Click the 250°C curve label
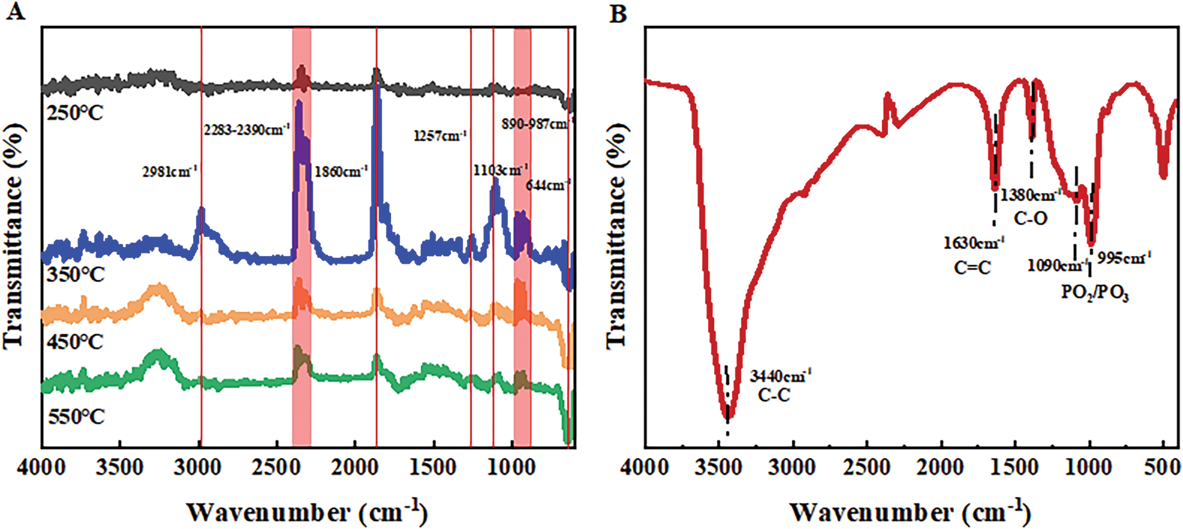pos(75,113)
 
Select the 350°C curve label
pos(76,274)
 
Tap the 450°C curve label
pos(75,341)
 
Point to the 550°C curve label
pos(76,417)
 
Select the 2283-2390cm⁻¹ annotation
pos(247,130)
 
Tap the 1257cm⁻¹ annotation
pos(440,135)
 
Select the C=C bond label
pos(972,267)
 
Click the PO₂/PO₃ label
pos(1094,293)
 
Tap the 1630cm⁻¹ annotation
pos(974,243)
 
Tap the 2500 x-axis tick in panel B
pos(867,467)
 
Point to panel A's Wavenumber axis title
pos(307,512)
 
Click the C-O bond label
pos(1031,218)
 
